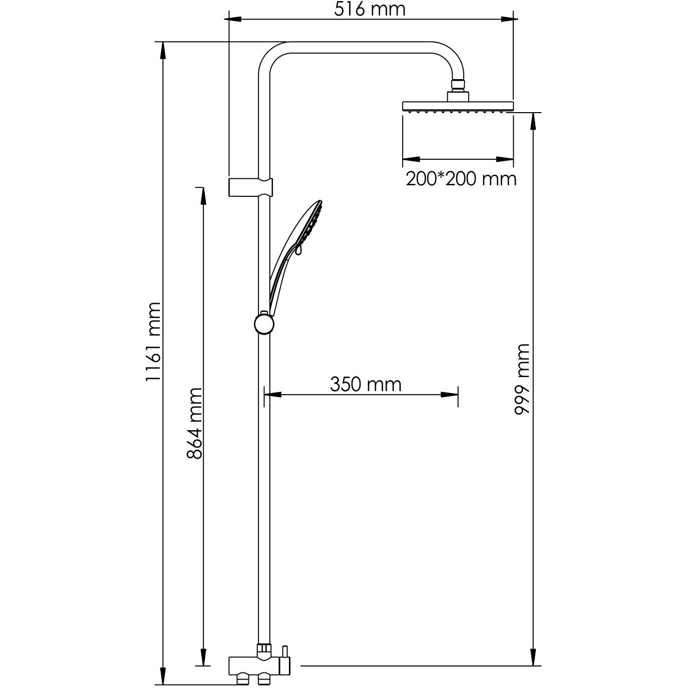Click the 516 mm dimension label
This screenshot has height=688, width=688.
click(x=370, y=9)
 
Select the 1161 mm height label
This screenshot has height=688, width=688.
click(x=153, y=341)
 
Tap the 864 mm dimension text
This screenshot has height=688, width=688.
click(x=194, y=423)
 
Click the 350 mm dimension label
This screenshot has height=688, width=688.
click(x=366, y=384)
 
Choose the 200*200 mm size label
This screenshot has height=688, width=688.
click(x=461, y=178)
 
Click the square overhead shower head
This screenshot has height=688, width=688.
click(x=458, y=106)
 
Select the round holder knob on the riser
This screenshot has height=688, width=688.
click(x=263, y=324)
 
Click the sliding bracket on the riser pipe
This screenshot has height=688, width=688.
click(x=251, y=187)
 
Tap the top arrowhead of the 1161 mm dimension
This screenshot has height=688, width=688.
click(x=162, y=50)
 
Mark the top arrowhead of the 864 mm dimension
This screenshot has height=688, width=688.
click(x=203, y=196)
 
